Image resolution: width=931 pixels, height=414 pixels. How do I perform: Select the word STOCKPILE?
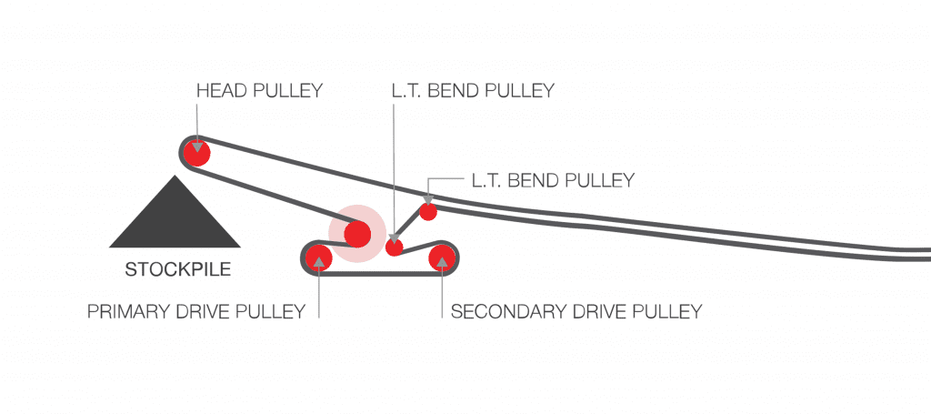click(177, 269)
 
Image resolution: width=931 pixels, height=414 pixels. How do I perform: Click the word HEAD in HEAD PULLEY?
click(219, 91)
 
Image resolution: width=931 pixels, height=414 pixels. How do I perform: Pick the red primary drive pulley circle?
click(318, 257)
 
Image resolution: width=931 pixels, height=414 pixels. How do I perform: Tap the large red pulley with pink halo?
click(356, 234)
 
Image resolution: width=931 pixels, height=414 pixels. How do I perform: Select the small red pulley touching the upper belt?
click(427, 211)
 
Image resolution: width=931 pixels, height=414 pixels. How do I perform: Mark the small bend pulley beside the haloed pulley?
click(394, 247)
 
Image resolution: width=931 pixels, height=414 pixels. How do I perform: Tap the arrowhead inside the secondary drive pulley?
click(443, 262)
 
